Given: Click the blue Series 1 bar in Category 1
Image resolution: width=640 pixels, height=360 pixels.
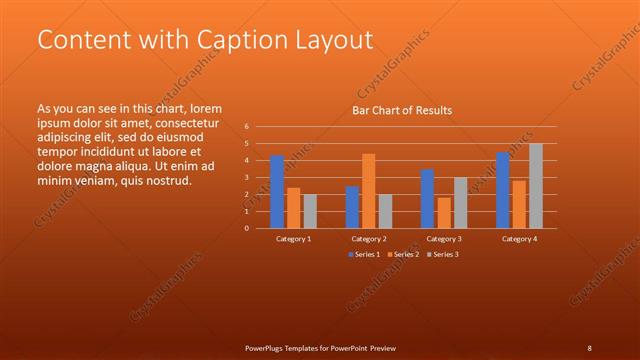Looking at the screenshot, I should pos(277,192).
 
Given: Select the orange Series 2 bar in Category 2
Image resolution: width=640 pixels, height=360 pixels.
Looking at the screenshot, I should pos(368,191).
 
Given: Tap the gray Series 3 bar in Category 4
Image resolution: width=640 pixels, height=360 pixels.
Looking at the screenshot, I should pos(536,186).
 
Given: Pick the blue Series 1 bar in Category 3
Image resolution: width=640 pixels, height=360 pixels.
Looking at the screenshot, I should pos(427,199).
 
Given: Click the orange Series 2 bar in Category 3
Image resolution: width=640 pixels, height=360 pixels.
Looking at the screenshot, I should pos(443,212).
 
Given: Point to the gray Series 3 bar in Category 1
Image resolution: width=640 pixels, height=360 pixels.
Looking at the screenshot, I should pos(310,211).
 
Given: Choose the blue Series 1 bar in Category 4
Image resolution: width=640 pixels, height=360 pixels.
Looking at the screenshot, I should pos(503,190).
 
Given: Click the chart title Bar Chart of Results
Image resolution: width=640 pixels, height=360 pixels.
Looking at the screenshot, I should pos(401,110).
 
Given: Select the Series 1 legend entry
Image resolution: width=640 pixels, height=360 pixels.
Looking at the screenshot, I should pos(365,254).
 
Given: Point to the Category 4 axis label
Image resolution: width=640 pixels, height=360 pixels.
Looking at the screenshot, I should pos(519,239).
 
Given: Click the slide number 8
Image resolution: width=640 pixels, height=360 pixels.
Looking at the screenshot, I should pos(589,348).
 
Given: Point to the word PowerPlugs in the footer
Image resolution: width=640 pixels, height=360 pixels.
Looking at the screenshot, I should pos(267,348).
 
